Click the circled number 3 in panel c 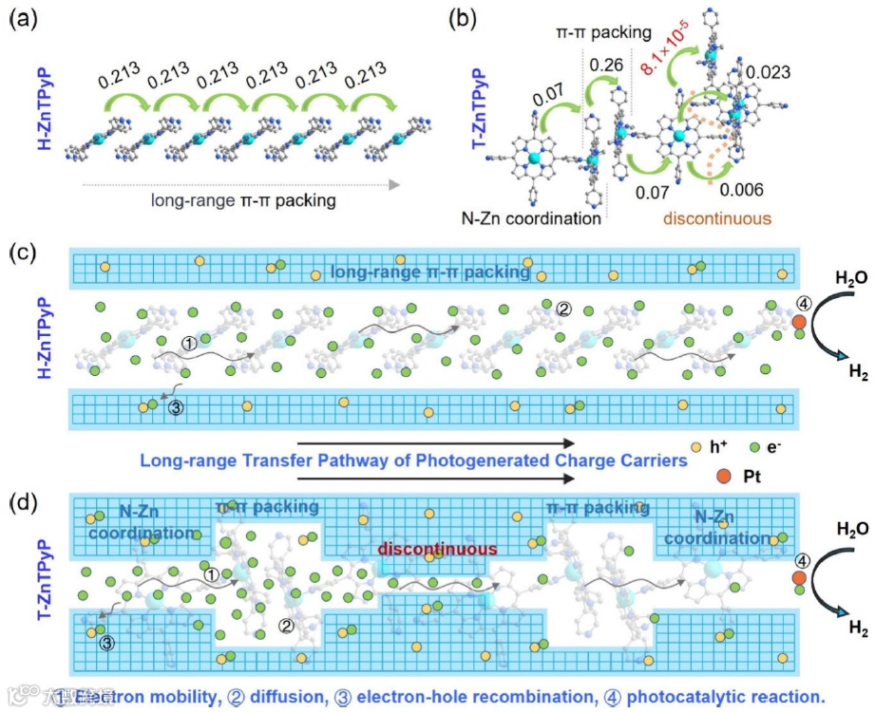pyautogui.click(x=175, y=408)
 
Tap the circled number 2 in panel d pyautogui.click(x=283, y=626)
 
